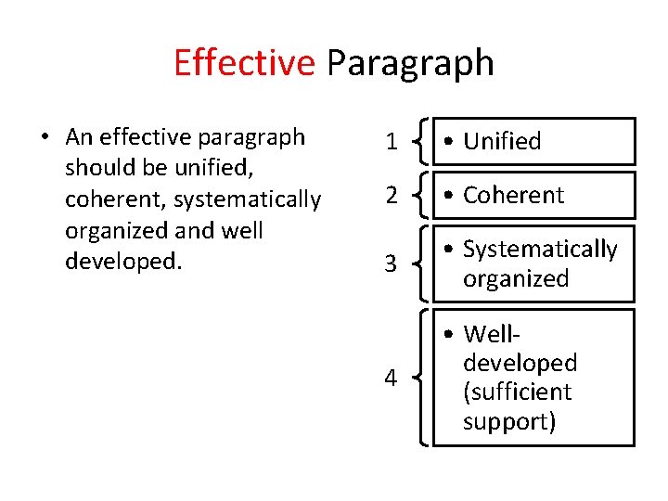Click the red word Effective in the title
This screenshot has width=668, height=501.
[x=244, y=63]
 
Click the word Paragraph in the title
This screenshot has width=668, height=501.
[x=409, y=63]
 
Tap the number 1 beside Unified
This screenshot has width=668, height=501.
[x=392, y=142]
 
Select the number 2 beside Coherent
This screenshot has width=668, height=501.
[x=392, y=196]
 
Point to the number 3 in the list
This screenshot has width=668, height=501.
[x=392, y=264]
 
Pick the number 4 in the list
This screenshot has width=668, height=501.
[x=392, y=378]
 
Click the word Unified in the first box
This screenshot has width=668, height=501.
[x=502, y=141]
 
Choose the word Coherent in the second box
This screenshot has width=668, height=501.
[x=513, y=195]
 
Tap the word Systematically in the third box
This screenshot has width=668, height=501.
[x=540, y=249]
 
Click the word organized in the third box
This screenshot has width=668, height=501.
[x=516, y=278]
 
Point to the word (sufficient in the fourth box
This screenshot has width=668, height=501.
[x=517, y=392]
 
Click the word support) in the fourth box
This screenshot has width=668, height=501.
[x=509, y=421]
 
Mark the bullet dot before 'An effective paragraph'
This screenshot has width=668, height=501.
[x=45, y=138]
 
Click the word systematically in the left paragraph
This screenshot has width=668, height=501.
[x=248, y=199]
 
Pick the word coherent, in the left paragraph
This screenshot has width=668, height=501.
[x=116, y=199]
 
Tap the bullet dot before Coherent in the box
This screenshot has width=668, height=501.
[x=448, y=196]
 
